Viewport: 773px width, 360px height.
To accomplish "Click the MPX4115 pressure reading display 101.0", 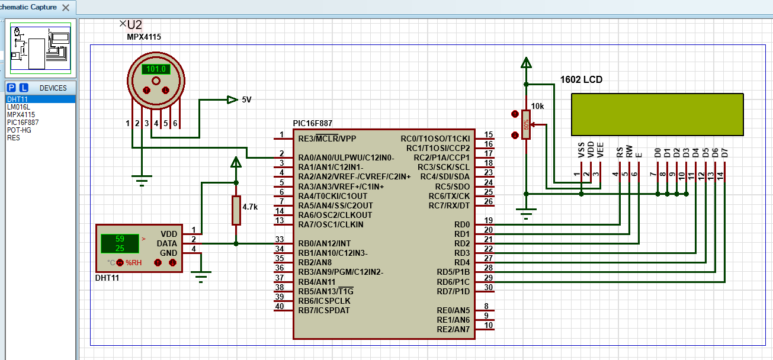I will click(x=156, y=69).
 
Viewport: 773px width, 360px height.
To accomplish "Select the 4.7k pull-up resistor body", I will click(x=236, y=210).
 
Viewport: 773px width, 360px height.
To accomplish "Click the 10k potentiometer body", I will click(x=525, y=124).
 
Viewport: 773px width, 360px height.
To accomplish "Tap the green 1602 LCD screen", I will click(x=657, y=114).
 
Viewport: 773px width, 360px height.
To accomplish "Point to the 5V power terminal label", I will click(x=246, y=99).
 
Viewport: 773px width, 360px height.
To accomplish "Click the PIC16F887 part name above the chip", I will click(x=312, y=123).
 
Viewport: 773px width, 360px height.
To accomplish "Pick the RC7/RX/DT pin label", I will click(x=449, y=205).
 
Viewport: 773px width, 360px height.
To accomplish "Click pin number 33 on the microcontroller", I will click(x=280, y=239).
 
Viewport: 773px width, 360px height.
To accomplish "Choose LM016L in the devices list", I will click(x=18, y=107).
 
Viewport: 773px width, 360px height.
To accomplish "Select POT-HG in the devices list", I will click(x=19, y=130).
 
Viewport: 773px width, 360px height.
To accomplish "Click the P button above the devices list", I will click(x=11, y=88).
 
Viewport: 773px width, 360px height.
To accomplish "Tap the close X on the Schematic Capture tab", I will click(x=65, y=8).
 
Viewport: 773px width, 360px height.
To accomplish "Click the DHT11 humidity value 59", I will click(x=120, y=239).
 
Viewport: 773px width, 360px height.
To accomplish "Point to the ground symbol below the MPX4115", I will click(x=142, y=180).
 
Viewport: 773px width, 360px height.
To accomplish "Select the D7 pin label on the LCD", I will click(x=724, y=152).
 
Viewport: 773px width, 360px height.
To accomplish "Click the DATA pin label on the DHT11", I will click(x=166, y=243).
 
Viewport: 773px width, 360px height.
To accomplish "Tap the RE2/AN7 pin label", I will click(x=453, y=329).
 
